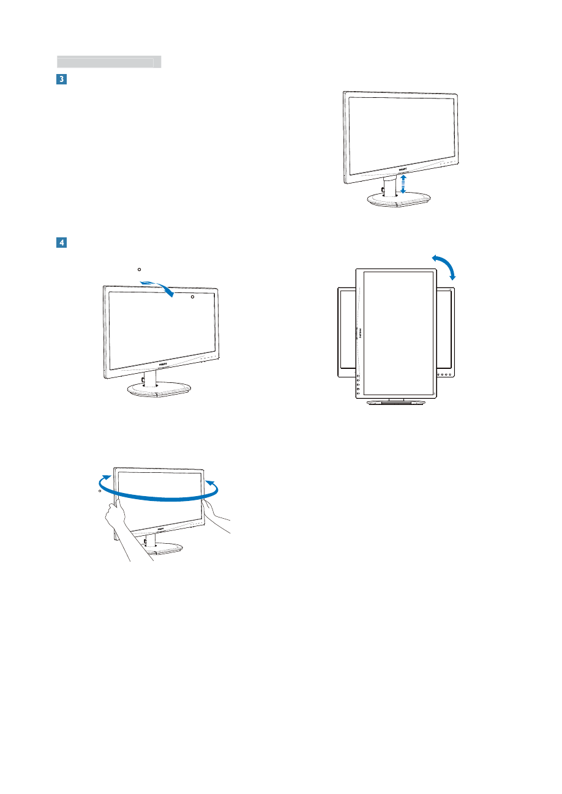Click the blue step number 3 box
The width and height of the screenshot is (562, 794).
tap(62, 80)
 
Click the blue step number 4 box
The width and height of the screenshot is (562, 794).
tap(62, 243)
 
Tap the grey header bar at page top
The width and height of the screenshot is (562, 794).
tap(109, 62)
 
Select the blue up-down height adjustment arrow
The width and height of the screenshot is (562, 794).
tap(403, 184)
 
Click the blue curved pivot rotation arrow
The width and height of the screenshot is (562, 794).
tap(444, 267)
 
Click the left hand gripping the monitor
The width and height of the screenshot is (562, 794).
tap(115, 514)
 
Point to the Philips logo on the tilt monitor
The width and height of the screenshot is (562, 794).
tap(162, 363)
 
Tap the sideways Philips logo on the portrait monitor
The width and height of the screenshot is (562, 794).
tap(359, 333)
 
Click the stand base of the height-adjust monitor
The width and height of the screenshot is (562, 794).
tap(398, 200)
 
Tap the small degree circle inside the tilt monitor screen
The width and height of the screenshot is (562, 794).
tap(192, 297)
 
